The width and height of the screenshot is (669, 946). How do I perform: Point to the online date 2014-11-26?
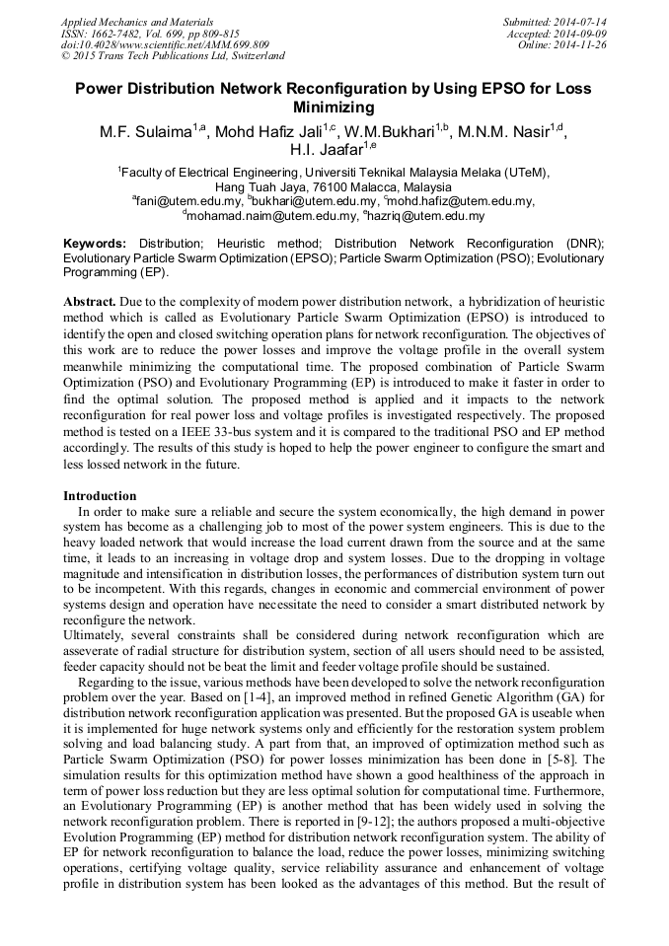click(x=583, y=44)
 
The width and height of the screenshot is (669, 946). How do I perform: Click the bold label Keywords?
click(x=95, y=244)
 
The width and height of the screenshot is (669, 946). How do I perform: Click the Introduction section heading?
click(x=100, y=495)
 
